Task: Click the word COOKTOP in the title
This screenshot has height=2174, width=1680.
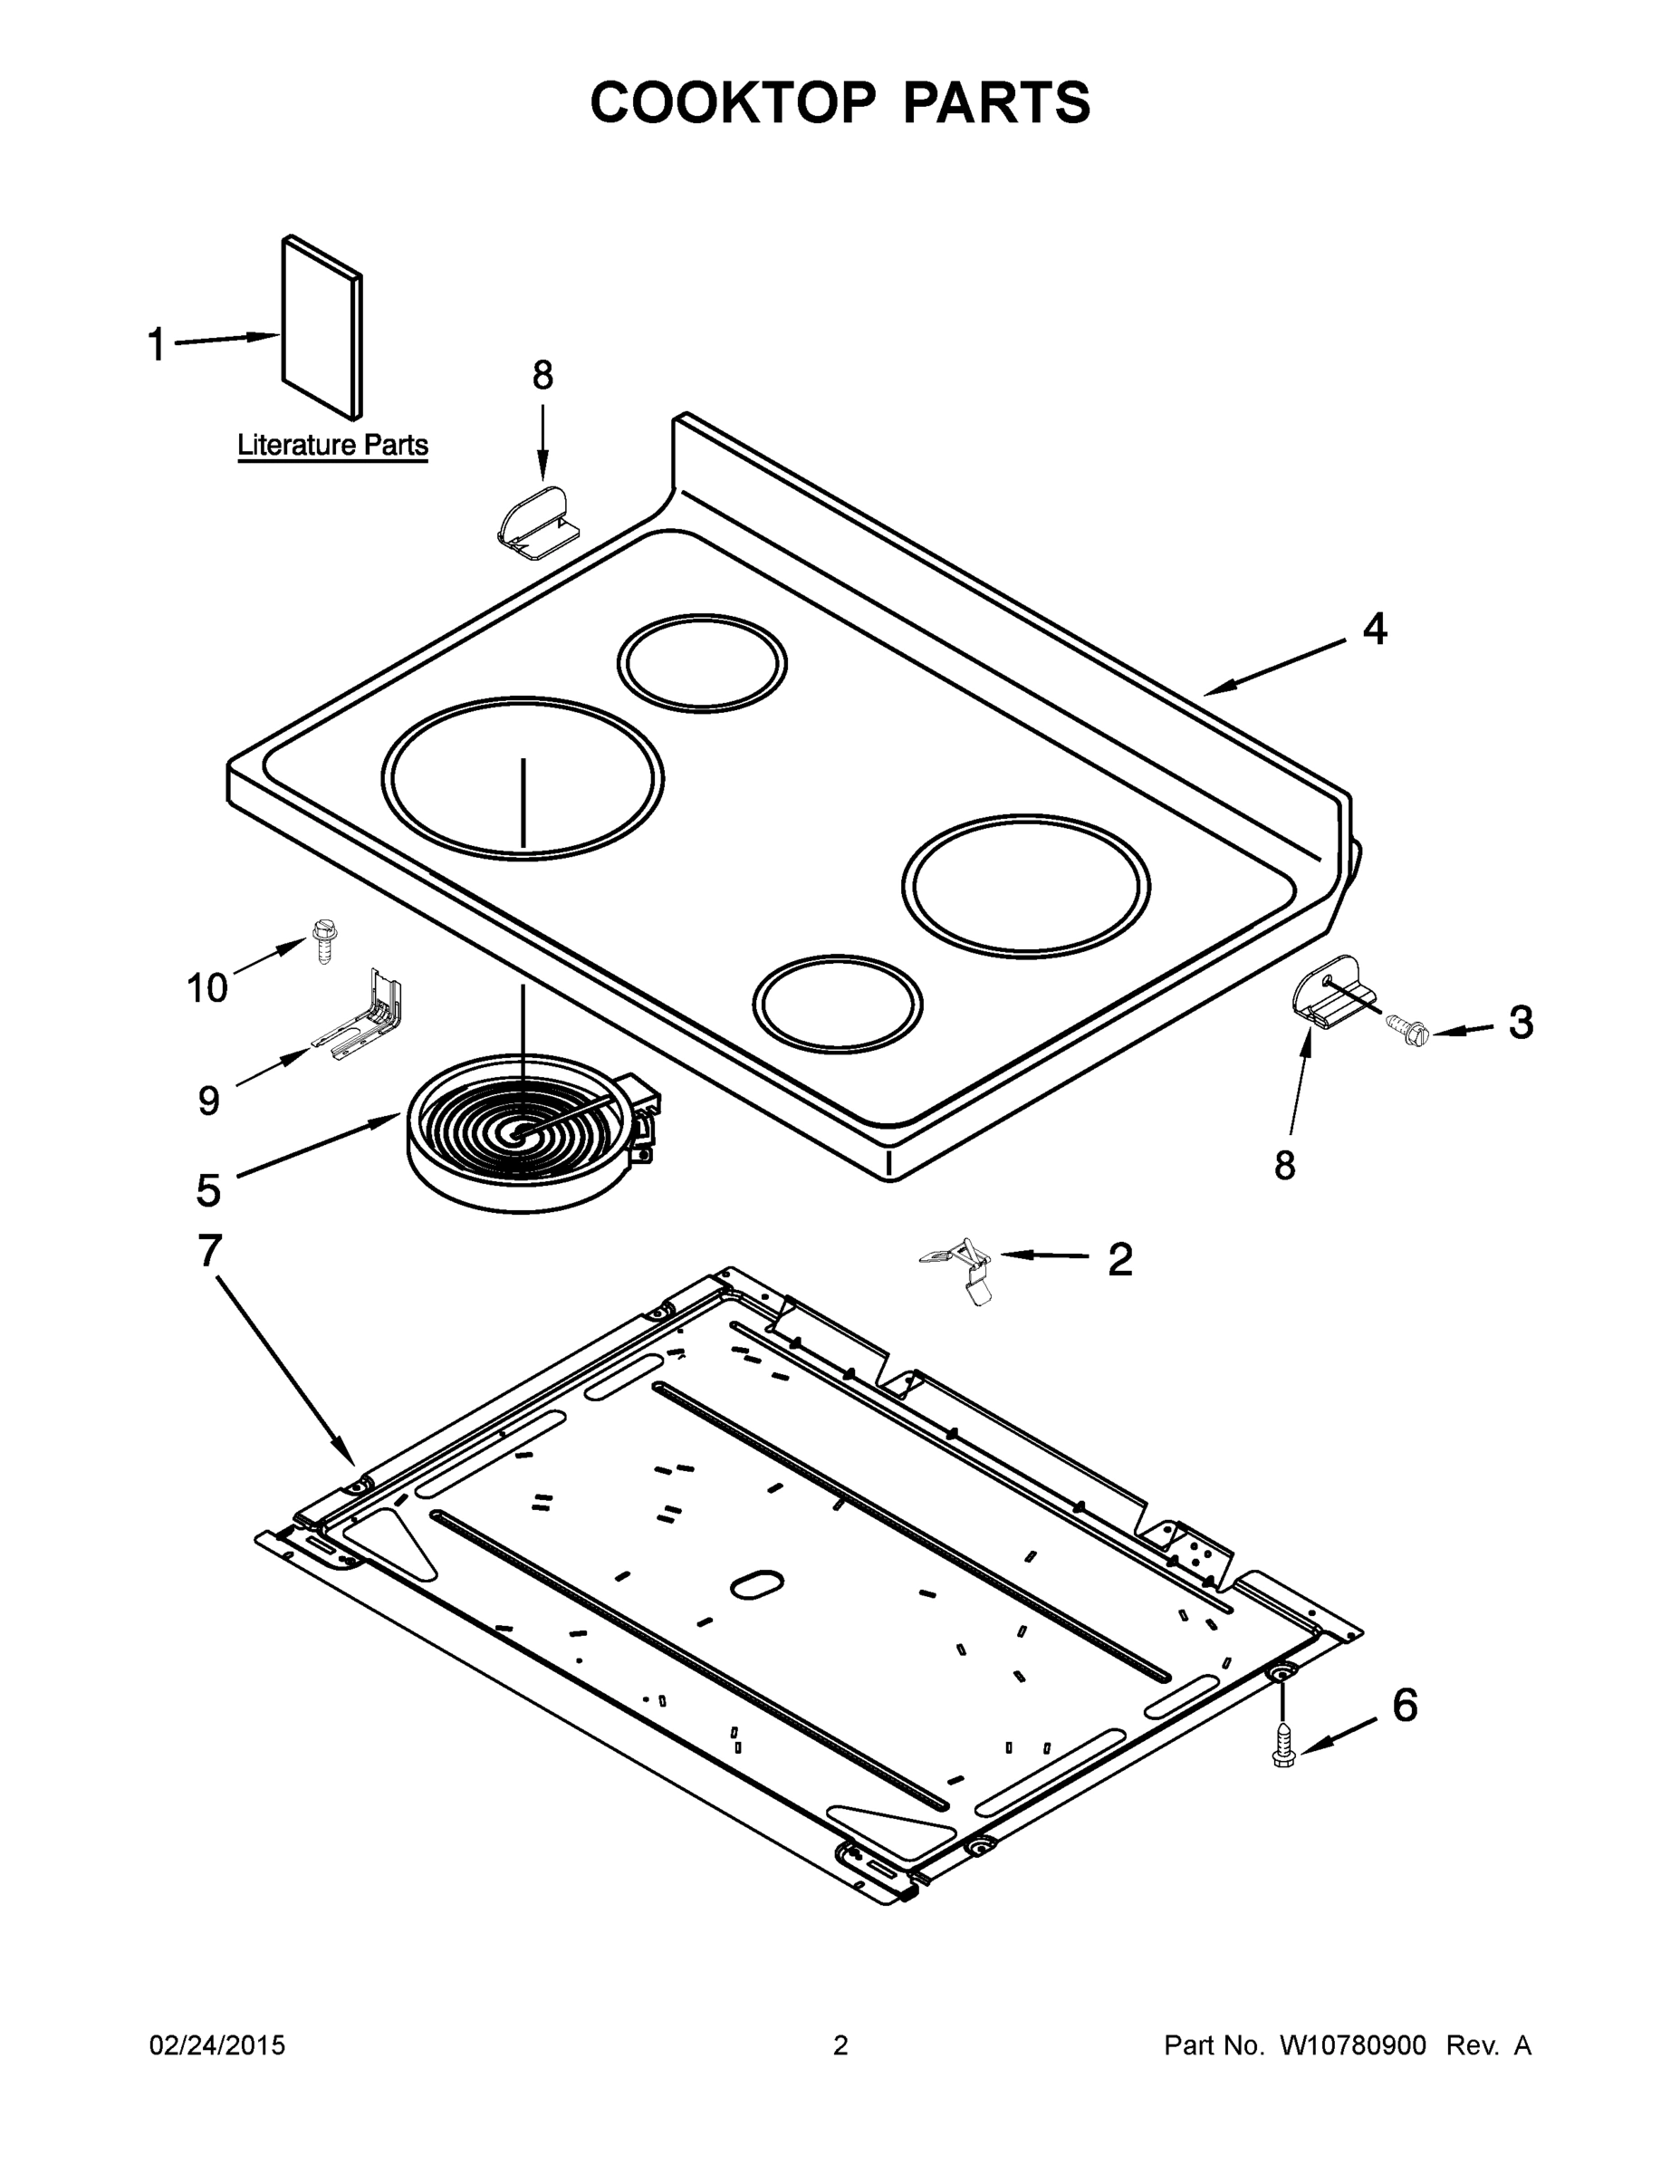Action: [x=734, y=102]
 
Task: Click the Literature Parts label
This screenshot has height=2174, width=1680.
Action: [x=332, y=445]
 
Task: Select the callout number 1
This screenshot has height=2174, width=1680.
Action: [x=157, y=344]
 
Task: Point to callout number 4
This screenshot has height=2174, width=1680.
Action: [x=1375, y=630]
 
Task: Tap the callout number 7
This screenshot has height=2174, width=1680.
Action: [x=209, y=1251]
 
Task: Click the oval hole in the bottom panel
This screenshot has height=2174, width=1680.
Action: [x=757, y=1584]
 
